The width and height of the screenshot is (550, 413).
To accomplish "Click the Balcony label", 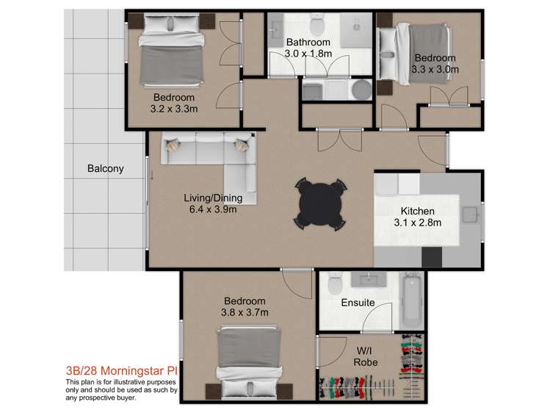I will [106, 168].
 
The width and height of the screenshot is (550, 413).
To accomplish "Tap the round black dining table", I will [320, 203].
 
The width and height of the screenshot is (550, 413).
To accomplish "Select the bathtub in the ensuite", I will [411, 301].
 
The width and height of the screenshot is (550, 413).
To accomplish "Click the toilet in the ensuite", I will [336, 281].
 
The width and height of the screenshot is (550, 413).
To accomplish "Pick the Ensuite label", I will [358, 303].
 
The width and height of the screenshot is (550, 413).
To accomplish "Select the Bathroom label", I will [308, 42].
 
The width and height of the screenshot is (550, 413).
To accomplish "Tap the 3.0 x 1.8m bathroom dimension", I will [308, 54].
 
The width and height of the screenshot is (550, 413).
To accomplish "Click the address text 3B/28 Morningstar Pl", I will [121, 372].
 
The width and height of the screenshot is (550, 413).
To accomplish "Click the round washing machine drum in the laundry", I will [361, 90].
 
